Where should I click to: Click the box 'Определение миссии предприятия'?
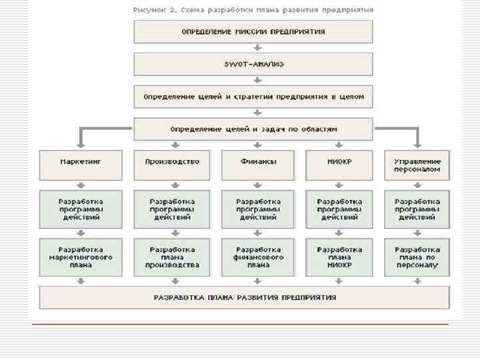(x=253, y=31)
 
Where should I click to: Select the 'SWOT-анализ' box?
(x=253, y=64)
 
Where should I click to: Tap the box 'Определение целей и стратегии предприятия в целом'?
(x=253, y=97)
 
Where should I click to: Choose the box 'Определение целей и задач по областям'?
(x=253, y=129)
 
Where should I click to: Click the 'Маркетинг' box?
(x=81, y=165)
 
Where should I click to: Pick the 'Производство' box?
(x=172, y=165)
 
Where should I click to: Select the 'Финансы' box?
(x=258, y=165)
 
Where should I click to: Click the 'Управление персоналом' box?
(x=417, y=165)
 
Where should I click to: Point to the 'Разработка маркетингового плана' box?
(x=81, y=257)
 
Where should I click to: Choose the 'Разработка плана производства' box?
(x=172, y=257)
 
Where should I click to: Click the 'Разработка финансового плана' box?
(x=258, y=257)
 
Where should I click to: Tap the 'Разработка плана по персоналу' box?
(x=417, y=257)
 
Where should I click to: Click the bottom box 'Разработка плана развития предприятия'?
(x=245, y=297)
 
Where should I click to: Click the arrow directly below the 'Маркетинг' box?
(x=81, y=185)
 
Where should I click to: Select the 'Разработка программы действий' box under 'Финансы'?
(x=258, y=209)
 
